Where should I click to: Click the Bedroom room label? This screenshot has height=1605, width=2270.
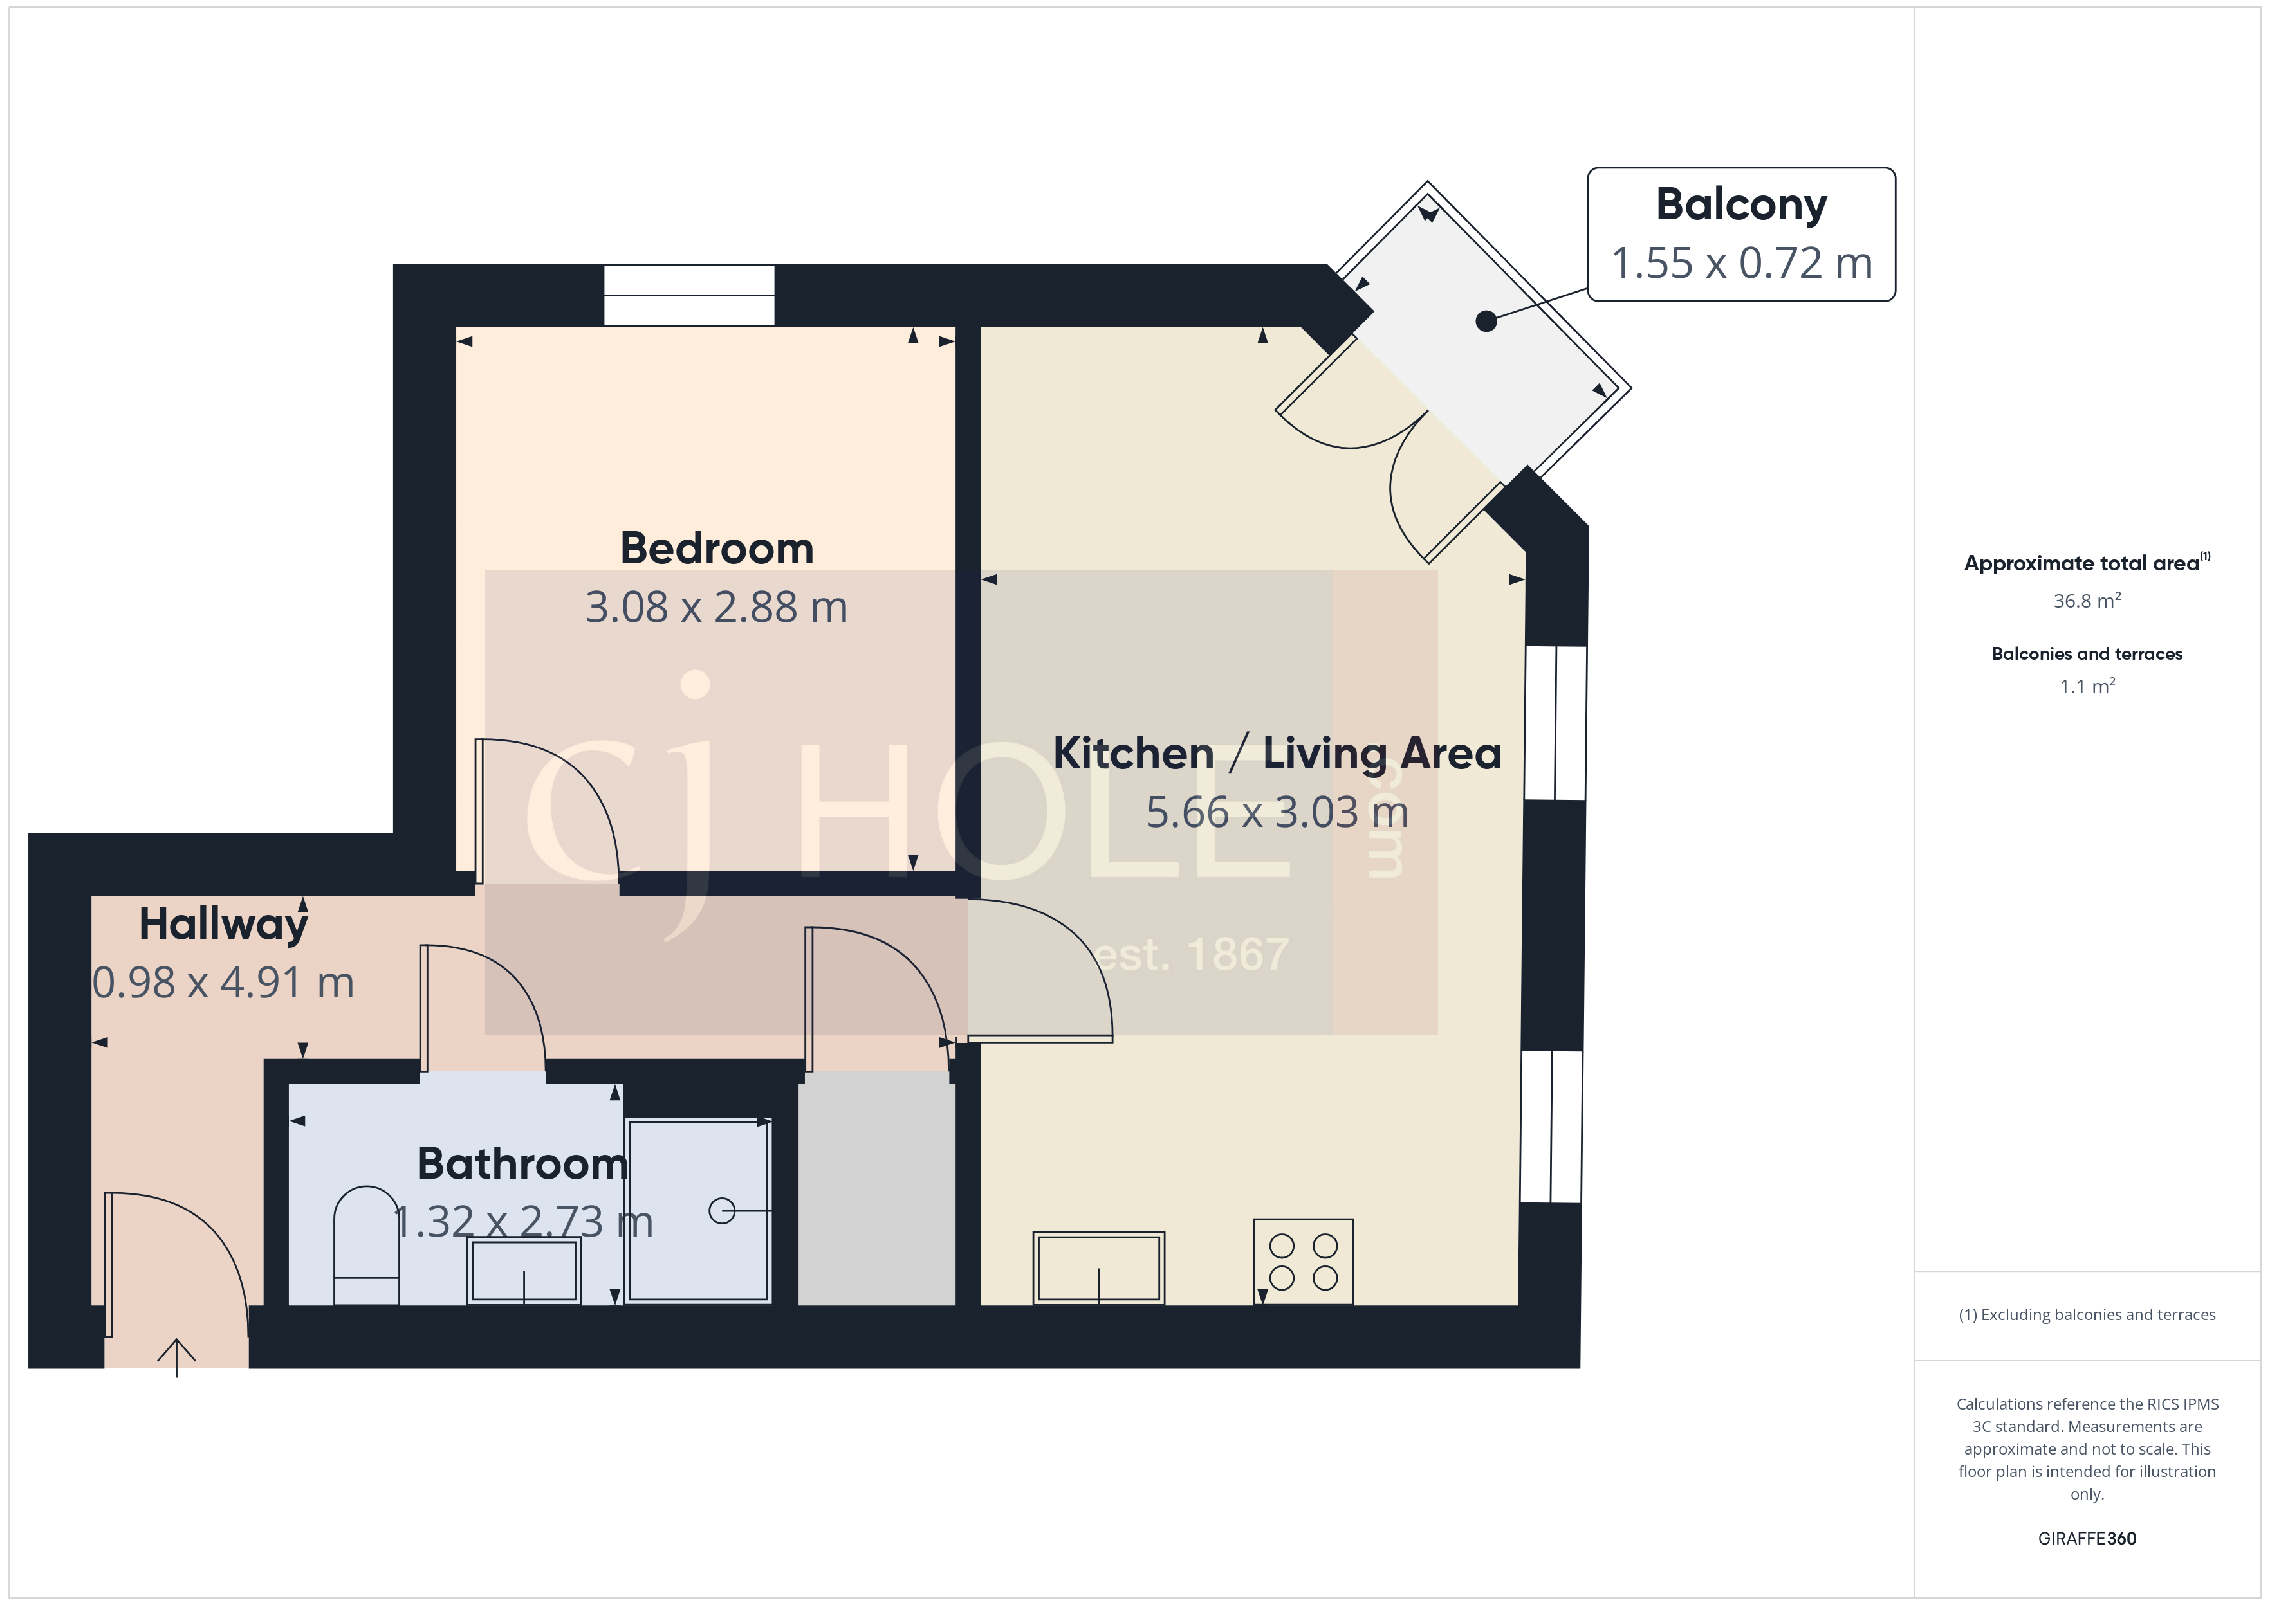[717, 549]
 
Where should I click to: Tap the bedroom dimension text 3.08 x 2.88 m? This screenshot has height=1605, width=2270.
[717, 607]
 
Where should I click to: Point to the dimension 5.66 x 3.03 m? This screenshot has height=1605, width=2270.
[1277, 812]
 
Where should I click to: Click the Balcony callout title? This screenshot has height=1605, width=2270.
[1741, 204]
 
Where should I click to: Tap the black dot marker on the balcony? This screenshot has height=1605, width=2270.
[1485, 322]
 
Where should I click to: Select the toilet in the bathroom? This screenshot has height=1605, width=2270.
[366, 1246]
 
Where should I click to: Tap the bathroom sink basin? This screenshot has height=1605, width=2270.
[524, 1271]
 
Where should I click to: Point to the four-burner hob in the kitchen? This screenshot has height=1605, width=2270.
[1303, 1262]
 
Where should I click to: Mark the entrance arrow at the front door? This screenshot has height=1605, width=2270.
[176, 1356]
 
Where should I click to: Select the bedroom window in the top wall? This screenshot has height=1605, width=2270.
[689, 295]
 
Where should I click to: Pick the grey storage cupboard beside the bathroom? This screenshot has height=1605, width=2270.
[877, 1191]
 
